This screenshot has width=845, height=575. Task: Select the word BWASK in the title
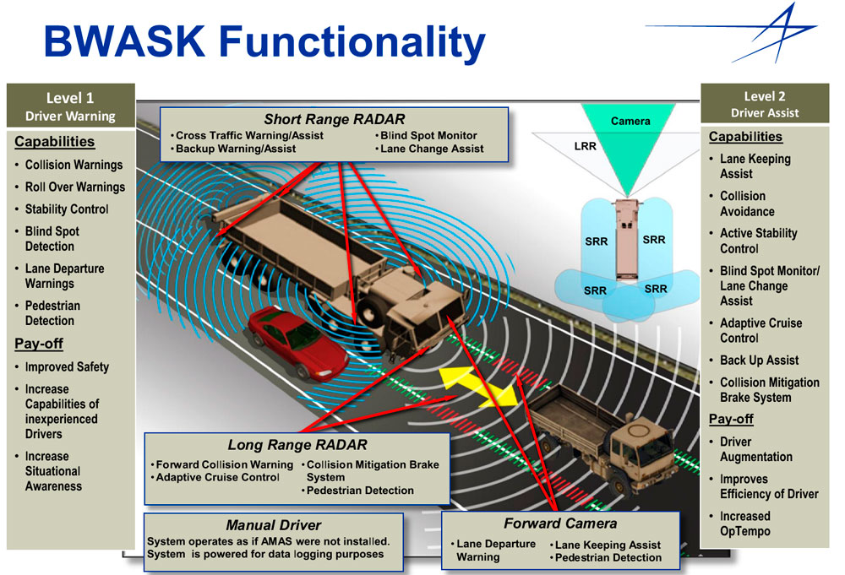coord(124,41)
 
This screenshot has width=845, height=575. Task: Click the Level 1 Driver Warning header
coord(70,106)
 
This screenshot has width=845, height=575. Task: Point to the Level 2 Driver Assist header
coord(765,104)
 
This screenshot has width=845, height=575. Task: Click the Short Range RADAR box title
coord(334,119)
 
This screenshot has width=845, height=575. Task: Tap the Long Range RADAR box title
coord(297,445)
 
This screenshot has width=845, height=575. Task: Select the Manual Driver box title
coord(273,525)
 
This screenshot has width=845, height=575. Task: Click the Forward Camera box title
coord(560,523)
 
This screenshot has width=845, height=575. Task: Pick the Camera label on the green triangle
coord(630,121)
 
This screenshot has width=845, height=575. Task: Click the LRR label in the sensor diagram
coord(585,146)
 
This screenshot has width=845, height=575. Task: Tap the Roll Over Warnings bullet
coord(75,187)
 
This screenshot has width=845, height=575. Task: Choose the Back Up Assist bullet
coord(760,361)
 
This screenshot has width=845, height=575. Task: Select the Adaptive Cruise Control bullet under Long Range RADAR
coord(217,478)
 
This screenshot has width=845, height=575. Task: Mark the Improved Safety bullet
coord(67,367)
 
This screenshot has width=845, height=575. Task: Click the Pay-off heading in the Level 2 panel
coord(731,420)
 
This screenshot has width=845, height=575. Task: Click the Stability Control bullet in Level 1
coord(67,209)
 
